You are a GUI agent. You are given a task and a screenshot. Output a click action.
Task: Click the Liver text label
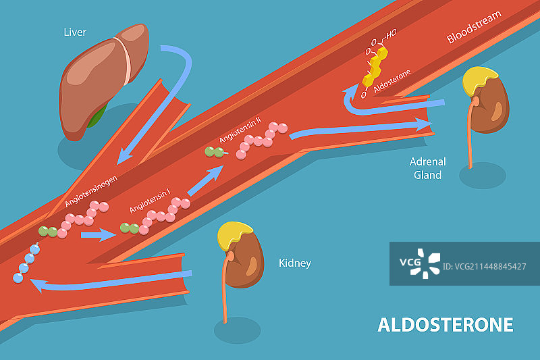pos(74,32)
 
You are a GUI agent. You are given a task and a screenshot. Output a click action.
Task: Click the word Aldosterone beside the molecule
pos(391,82)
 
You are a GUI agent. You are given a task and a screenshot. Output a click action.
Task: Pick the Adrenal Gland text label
pos(427,168)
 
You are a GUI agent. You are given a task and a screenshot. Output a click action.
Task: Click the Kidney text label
pos(295,263)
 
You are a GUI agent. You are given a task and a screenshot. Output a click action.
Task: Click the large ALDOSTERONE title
pos(445,324)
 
